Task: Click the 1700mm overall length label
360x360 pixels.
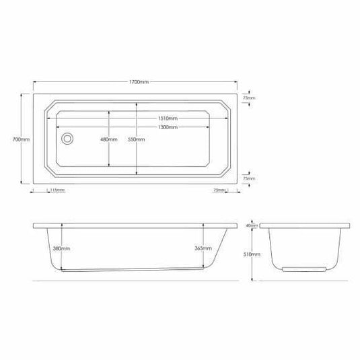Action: [139, 82]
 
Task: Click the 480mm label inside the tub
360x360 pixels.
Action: [108, 139]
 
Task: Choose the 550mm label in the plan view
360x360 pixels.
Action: [136, 139]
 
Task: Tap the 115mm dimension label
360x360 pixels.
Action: [58, 190]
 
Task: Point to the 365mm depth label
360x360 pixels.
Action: [203, 248]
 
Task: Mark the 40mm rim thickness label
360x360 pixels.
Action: [251, 226]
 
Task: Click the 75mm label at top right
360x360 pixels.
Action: [249, 98]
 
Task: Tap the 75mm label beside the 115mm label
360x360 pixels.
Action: [219, 190]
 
